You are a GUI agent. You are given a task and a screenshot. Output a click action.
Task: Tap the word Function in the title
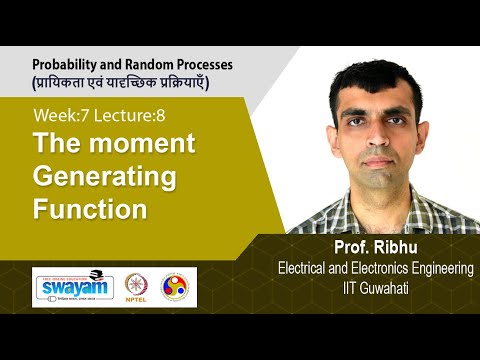[90, 209]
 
